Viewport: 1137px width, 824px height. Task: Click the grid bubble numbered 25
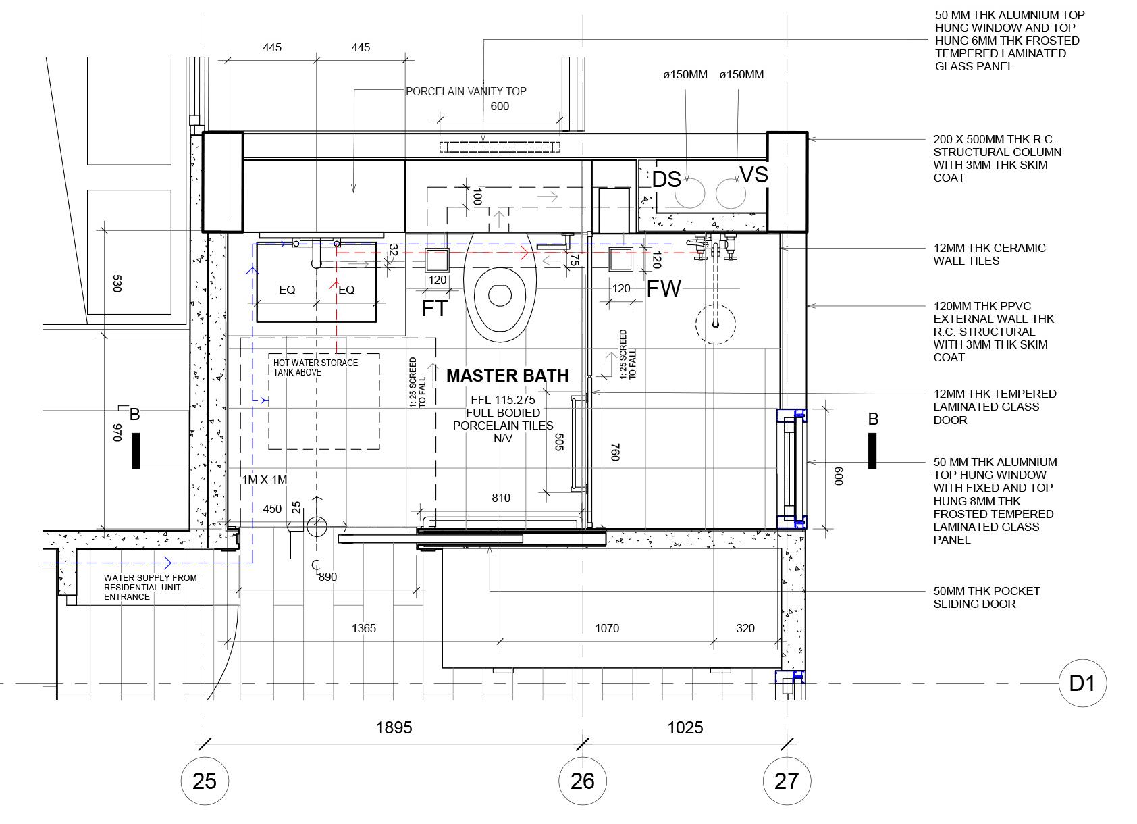tap(205, 781)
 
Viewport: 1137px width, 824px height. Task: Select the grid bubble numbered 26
tap(582, 781)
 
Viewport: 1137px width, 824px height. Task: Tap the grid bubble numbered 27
tap(787, 781)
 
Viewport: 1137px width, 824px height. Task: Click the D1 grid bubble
tap(1082, 684)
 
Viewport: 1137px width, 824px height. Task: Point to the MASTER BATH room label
tap(507, 376)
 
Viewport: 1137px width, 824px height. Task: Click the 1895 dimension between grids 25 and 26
tap(394, 727)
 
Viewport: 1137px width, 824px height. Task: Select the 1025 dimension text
tap(685, 727)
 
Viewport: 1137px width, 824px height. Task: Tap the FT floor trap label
tap(435, 308)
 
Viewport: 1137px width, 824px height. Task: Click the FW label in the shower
tap(664, 289)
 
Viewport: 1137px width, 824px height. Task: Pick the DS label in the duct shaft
tap(666, 179)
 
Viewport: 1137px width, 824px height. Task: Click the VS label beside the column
tap(753, 175)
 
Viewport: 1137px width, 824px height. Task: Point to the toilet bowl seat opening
tap(500, 295)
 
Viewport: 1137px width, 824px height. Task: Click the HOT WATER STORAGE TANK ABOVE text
tap(315, 367)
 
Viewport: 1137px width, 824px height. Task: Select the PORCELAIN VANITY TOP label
tap(466, 91)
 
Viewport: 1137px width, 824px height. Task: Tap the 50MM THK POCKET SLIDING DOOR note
tap(986, 598)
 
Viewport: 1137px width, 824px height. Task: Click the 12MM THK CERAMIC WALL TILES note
tap(989, 255)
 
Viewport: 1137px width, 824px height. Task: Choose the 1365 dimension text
tap(364, 628)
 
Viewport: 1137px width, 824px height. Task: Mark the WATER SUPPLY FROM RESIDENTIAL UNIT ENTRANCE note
tap(151, 588)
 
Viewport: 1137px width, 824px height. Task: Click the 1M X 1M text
tap(265, 480)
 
